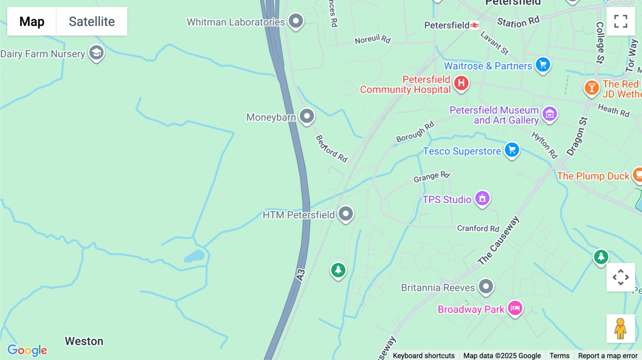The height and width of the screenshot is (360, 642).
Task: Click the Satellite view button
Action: tap(92, 21)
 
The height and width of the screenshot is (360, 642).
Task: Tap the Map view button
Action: tap(32, 21)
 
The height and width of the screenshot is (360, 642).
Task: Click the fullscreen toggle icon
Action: tap(621, 21)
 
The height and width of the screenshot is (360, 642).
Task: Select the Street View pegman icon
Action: tap(621, 329)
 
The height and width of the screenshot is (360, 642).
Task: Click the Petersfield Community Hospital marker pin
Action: tap(461, 83)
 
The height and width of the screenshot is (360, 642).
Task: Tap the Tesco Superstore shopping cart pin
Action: tap(512, 150)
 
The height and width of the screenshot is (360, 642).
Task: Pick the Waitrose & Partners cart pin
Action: tap(543, 65)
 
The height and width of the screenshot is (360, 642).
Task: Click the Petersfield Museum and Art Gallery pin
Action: tap(550, 114)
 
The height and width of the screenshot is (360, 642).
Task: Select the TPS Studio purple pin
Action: tap(482, 198)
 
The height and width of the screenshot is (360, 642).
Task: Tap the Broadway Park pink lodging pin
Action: tap(515, 308)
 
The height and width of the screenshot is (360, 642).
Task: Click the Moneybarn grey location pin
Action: tap(307, 116)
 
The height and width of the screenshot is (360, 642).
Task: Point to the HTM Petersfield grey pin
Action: tap(345, 214)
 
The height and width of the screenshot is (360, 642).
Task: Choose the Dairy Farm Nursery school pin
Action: tap(96, 53)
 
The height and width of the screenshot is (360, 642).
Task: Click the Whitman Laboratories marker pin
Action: tap(296, 21)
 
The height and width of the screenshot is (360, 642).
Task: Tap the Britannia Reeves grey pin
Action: tap(486, 286)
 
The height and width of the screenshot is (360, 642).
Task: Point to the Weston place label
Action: tap(84, 341)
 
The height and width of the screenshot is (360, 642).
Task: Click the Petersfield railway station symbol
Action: tap(474, 25)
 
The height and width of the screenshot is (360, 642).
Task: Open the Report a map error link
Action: tap(608, 355)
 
